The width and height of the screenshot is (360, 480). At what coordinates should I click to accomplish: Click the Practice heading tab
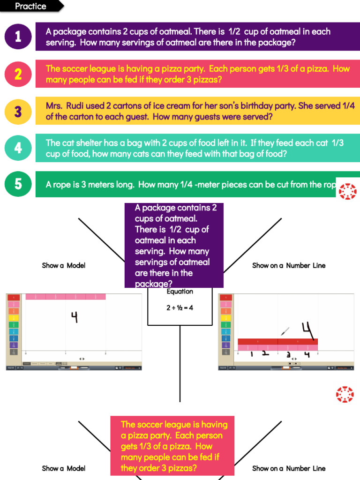[x=31, y=6]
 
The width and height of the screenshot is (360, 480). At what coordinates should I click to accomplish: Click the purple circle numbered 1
[x=18, y=37]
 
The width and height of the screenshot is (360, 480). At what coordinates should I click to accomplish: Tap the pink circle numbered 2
[x=18, y=74]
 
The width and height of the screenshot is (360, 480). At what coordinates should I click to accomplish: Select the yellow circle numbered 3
[x=18, y=111]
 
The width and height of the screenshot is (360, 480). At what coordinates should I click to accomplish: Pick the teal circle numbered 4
[x=18, y=148]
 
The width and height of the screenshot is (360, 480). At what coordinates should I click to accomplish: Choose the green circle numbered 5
[x=18, y=184]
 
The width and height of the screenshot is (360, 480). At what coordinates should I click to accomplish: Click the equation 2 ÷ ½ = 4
[x=180, y=308]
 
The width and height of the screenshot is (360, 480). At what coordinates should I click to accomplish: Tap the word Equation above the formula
[x=180, y=292]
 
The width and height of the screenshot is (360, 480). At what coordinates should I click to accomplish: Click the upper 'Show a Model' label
[x=64, y=265]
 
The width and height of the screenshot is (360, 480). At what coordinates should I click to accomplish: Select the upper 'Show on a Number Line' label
[x=289, y=265]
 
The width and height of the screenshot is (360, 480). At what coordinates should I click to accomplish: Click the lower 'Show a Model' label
[x=64, y=468]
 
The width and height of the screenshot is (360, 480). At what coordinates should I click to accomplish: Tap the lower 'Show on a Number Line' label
[x=289, y=468]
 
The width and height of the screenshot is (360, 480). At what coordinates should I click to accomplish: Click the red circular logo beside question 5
[x=347, y=191]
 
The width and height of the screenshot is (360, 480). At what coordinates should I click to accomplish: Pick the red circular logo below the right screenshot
[x=345, y=394]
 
